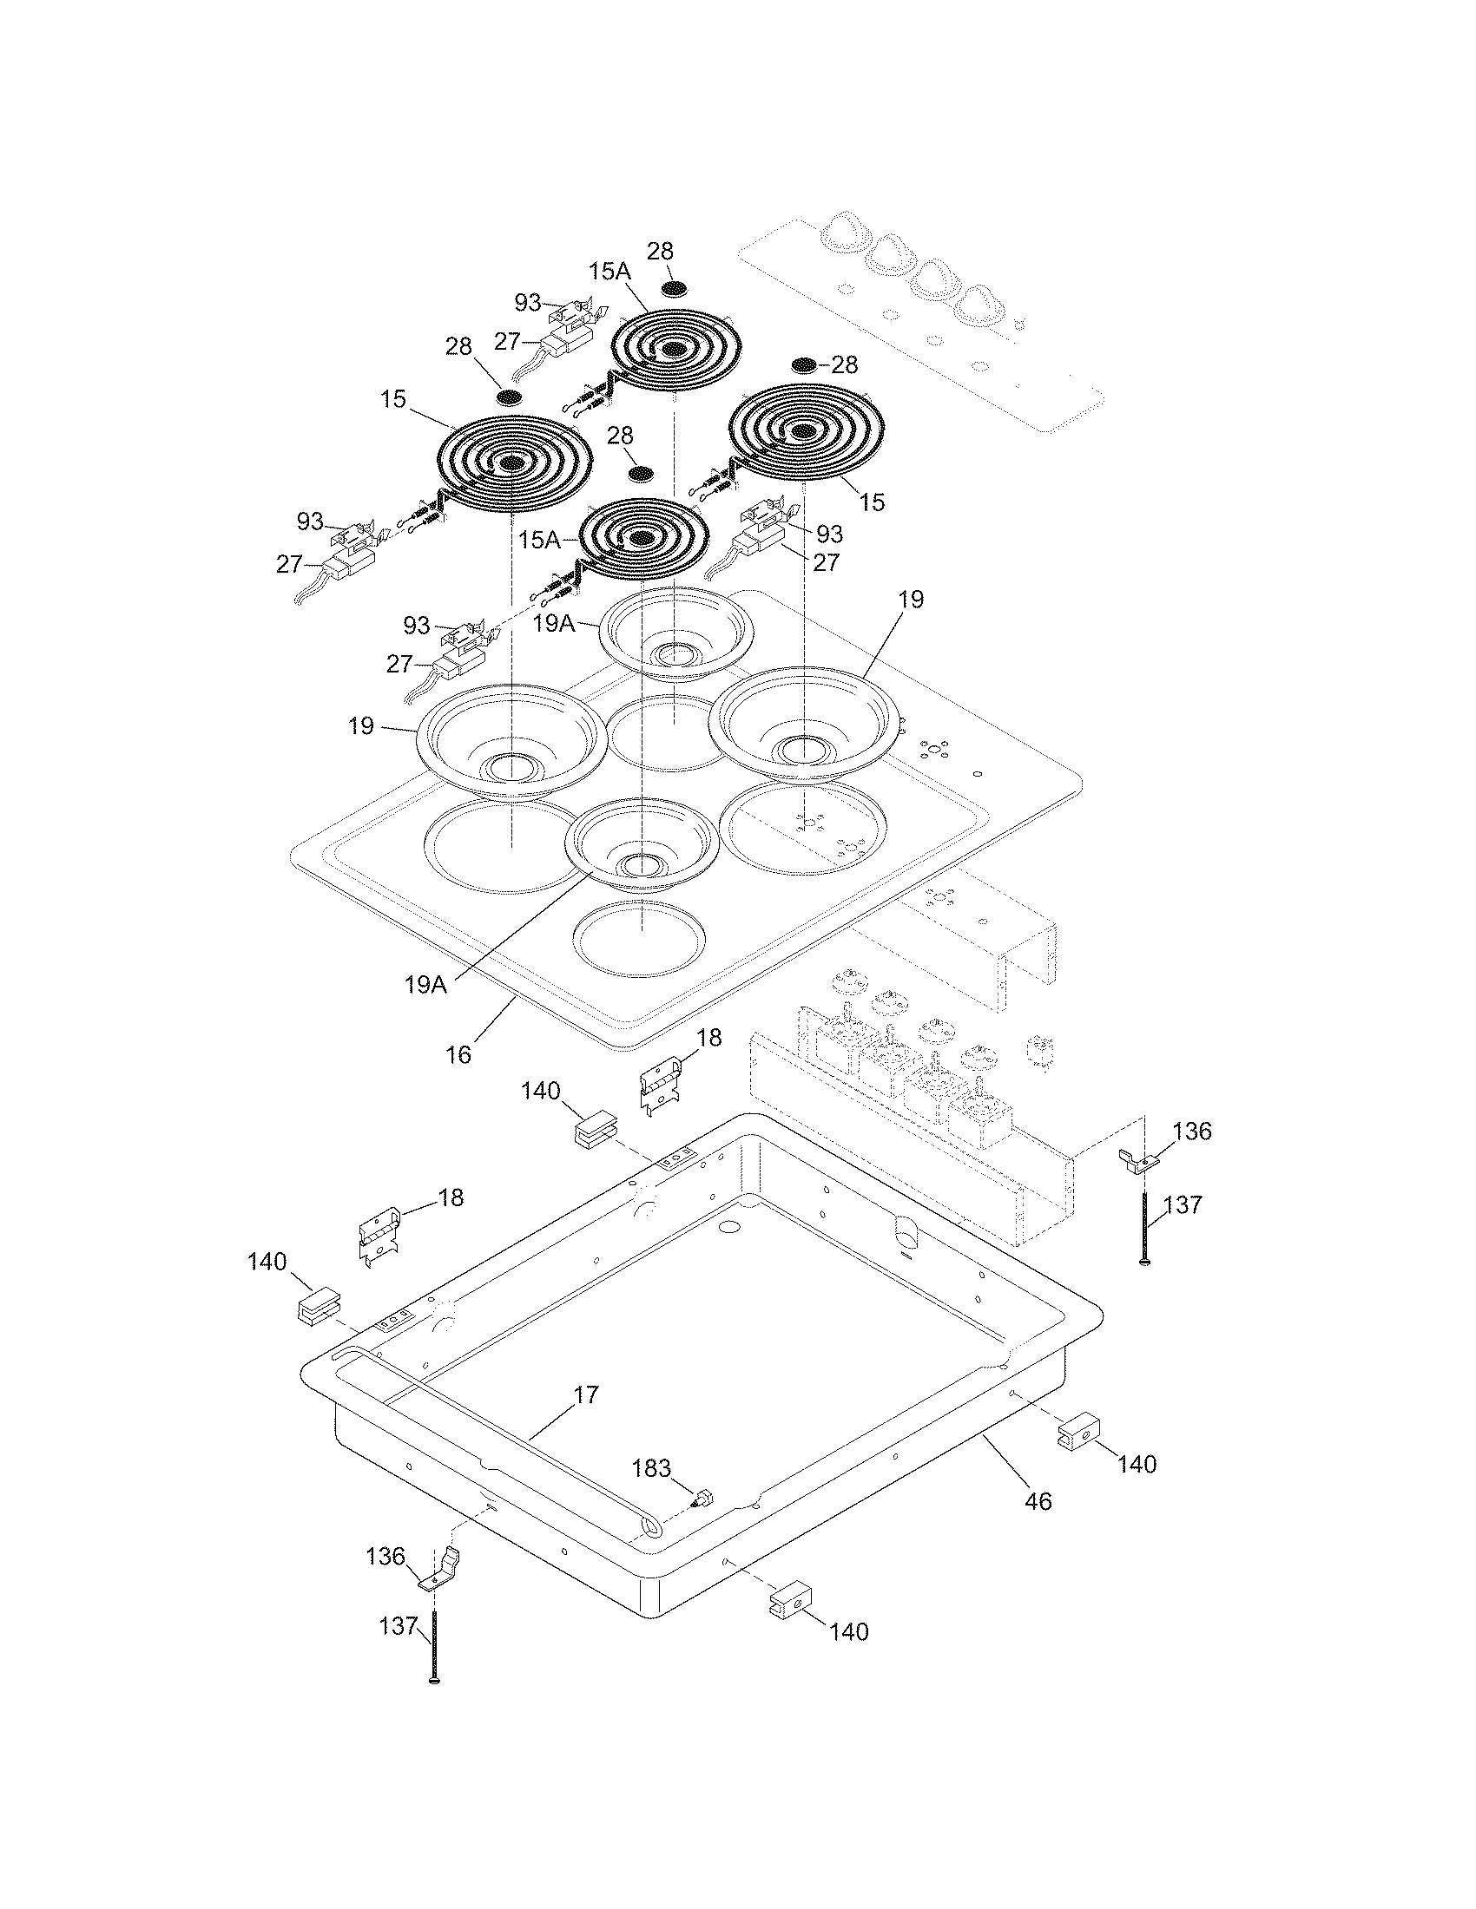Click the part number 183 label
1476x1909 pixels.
[652, 1467]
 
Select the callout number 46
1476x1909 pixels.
[1037, 1502]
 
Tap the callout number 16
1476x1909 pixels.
[458, 1054]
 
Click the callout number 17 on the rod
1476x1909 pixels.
[586, 1394]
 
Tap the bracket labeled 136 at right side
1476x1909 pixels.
[1139, 1159]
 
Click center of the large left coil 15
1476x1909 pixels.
[511, 463]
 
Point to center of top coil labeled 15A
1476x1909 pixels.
[673, 350]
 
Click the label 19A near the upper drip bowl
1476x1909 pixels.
[555, 623]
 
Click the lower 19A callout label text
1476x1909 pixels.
[425, 984]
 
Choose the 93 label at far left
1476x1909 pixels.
[310, 522]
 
